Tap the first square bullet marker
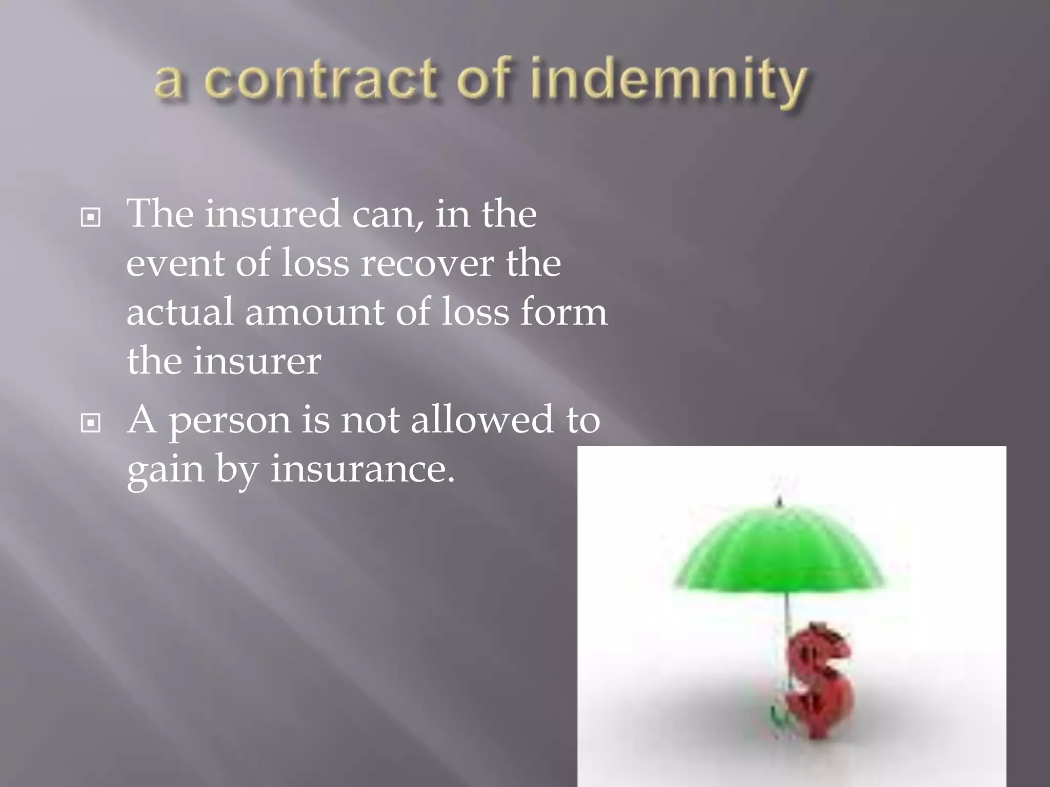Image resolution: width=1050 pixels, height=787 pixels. pos(91,218)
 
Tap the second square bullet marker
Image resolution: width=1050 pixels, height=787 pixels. pos(91,423)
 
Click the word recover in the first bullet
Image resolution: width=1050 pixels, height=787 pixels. pos(427,264)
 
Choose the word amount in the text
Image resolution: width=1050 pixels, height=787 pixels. pos(314,313)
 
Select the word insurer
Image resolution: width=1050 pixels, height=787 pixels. pos(257,362)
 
